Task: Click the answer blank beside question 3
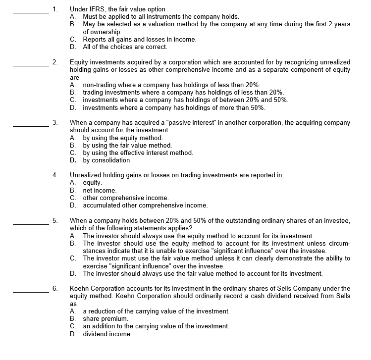(30, 126)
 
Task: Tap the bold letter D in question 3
(73, 160)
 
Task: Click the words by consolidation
(106, 160)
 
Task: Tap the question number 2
(54, 62)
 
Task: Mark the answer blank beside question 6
(30, 293)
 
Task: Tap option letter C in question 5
(73, 258)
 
